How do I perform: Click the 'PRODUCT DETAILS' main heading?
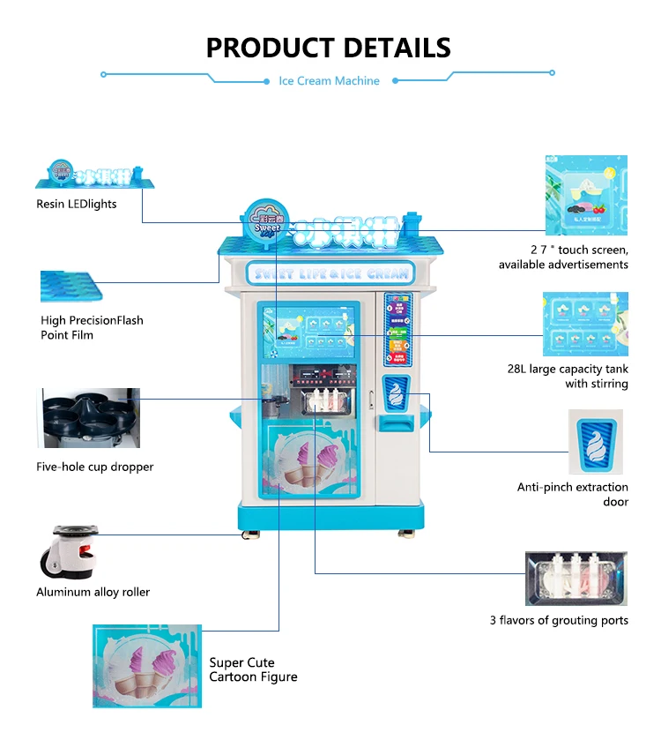coord(329,47)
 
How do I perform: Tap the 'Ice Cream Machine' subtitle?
coord(329,81)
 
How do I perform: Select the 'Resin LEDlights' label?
coord(77,204)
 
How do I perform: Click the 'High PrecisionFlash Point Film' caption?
coord(92,327)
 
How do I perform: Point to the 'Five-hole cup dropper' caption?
coord(94,467)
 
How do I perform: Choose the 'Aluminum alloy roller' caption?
coord(93,592)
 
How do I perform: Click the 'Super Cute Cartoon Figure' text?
coord(253,669)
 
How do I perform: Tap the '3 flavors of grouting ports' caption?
coord(559,620)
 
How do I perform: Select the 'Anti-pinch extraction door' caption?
coord(573,494)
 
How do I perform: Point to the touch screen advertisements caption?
coord(564,257)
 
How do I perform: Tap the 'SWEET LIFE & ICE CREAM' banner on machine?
coord(330,273)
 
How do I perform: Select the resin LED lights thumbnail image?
coord(94,175)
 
